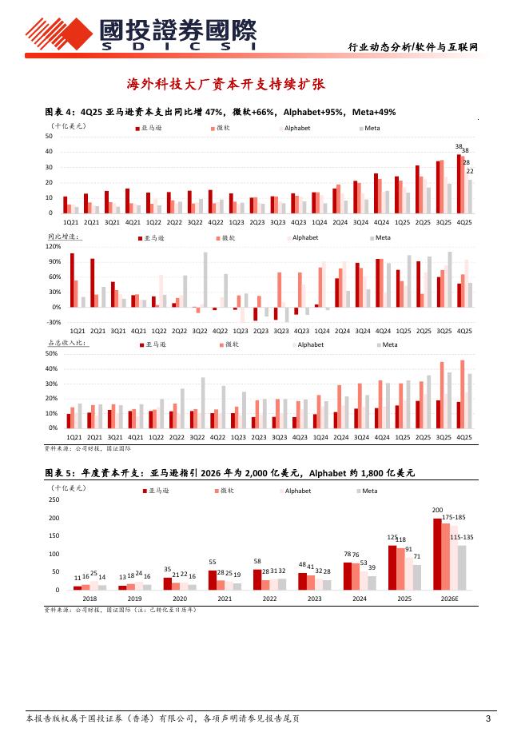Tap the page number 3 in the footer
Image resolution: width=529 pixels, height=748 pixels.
point(487,718)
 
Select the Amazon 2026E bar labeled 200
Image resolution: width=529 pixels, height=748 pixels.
point(436,554)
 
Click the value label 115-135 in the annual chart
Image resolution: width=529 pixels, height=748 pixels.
point(462,538)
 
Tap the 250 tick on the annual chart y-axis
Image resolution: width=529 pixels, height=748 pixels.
point(54,500)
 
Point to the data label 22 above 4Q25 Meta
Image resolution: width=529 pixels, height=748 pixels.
point(470,172)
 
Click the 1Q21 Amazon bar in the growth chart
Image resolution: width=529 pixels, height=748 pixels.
point(72,280)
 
